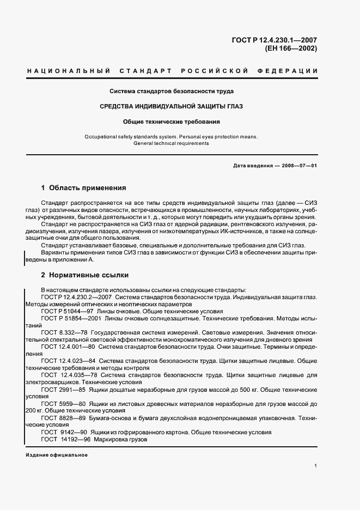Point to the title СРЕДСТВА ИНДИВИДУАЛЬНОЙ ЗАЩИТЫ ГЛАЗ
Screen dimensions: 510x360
coord(172,106)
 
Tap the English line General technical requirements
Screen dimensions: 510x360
coord(171,143)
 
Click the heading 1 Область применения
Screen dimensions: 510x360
coord(83,188)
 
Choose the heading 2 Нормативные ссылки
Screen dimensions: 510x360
coord(84,275)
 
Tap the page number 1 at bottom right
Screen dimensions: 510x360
coord(316,466)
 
